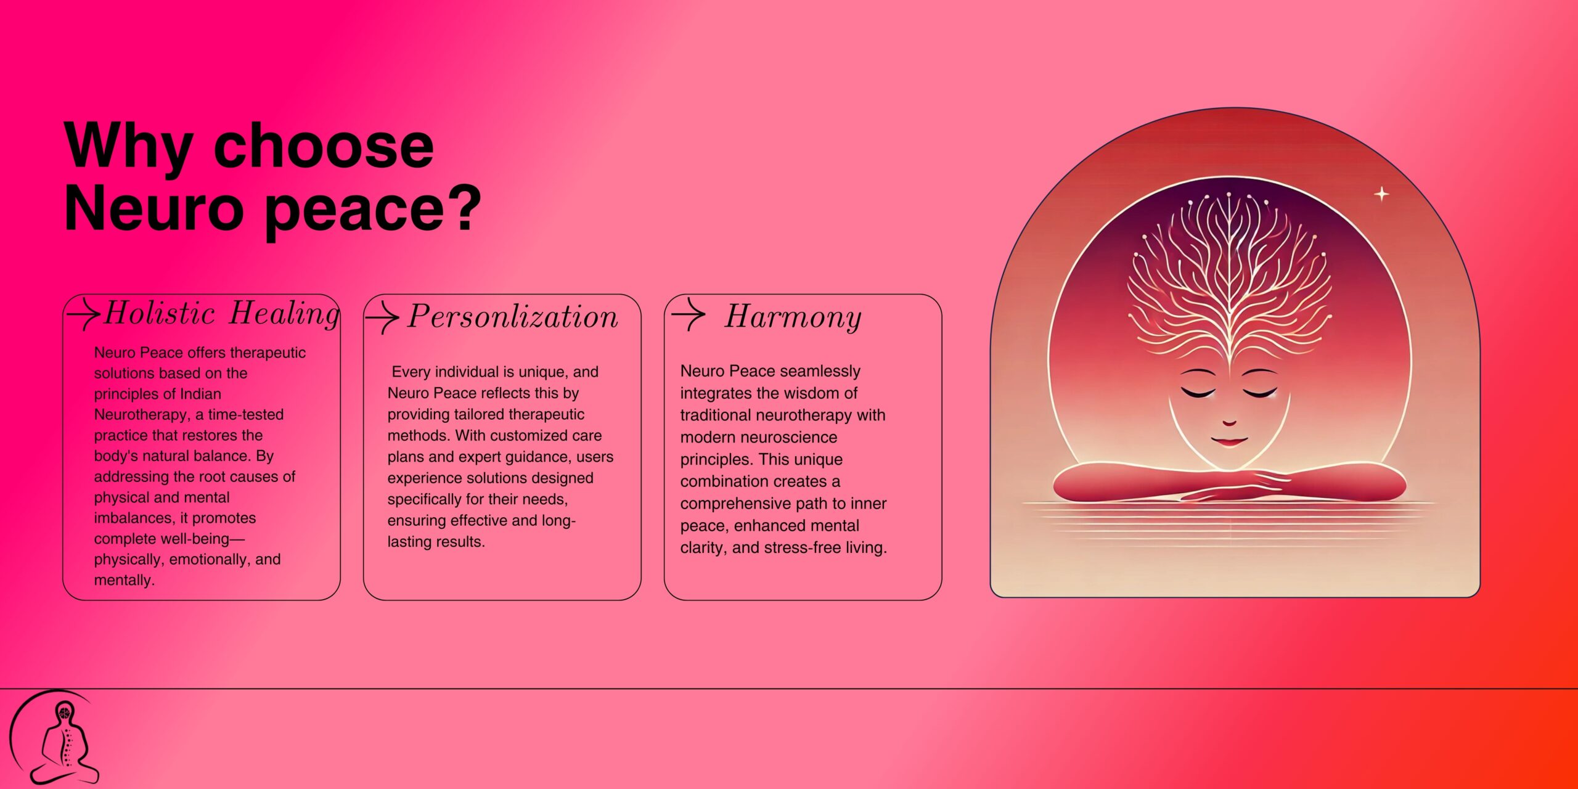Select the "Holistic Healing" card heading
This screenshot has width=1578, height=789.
click(x=222, y=313)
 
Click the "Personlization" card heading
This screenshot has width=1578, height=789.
click(x=513, y=317)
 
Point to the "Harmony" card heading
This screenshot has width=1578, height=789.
click(x=793, y=317)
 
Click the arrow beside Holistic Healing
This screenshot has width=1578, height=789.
click(x=83, y=314)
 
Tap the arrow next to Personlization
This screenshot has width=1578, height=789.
click(x=382, y=317)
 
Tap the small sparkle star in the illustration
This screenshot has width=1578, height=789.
click(x=1382, y=194)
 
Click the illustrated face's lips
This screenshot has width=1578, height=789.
click(x=1228, y=441)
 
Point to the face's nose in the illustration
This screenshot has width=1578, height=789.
click(x=1229, y=422)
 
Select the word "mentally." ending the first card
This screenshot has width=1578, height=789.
click(x=125, y=580)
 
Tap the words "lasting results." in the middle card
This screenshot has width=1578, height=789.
click(x=436, y=542)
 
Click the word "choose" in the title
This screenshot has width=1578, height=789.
click(x=324, y=146)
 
